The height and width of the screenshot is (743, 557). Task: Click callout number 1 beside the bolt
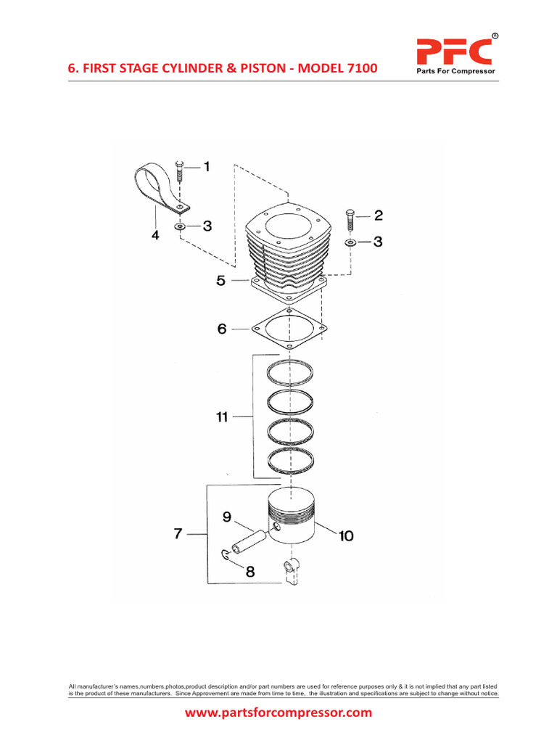coord(206,168)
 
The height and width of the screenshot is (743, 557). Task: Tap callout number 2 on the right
coord(378,215)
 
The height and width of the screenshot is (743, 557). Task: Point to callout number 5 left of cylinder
coord(220,281)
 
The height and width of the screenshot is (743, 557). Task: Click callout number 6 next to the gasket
coord(221,329)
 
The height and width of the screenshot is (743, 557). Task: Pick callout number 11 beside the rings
coord(221,417)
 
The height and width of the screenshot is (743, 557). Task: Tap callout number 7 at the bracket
coord(178,534)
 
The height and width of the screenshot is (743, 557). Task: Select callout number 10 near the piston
coord(345,536)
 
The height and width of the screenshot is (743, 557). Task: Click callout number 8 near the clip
coord(249,571)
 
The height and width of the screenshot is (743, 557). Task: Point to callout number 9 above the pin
coord(226,517)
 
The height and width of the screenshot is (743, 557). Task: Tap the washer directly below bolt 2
coord(350,242)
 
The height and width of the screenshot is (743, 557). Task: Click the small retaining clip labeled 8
coord(226,557)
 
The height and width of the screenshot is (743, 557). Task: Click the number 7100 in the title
coord(359,68)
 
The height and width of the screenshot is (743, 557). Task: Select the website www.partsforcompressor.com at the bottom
coord(278,713)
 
